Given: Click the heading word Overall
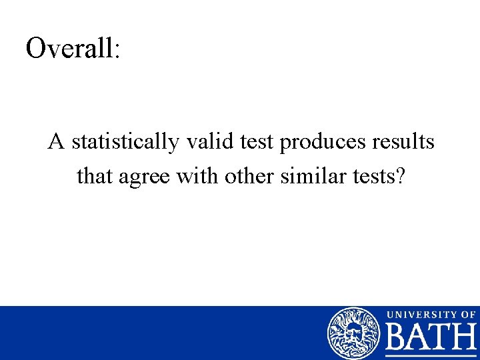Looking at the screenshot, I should (69, 48).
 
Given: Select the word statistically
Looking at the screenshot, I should (124, 143).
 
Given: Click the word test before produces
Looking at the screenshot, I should (256, 143).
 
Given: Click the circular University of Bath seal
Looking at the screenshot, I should (353, 333).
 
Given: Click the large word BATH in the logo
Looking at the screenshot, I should (431, 339).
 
